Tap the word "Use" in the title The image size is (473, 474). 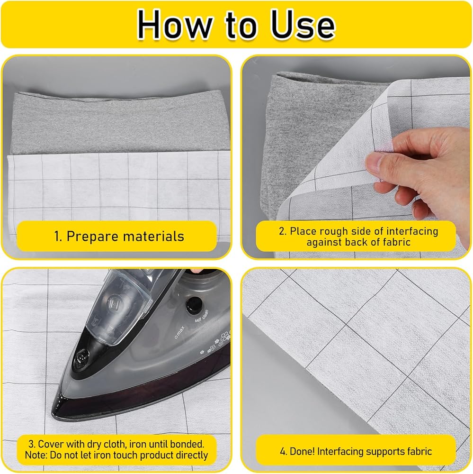[303, 25]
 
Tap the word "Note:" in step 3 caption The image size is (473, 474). [36, 455]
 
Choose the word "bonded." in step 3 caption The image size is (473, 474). [187, 444]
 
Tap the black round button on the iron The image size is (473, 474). [194, 305]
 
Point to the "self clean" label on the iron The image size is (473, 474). [202, 316]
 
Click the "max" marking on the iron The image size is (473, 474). [179, 332]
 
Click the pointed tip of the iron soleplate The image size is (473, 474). [53, 413]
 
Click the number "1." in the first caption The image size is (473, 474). [58, 237]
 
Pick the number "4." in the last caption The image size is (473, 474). [283, 452]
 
